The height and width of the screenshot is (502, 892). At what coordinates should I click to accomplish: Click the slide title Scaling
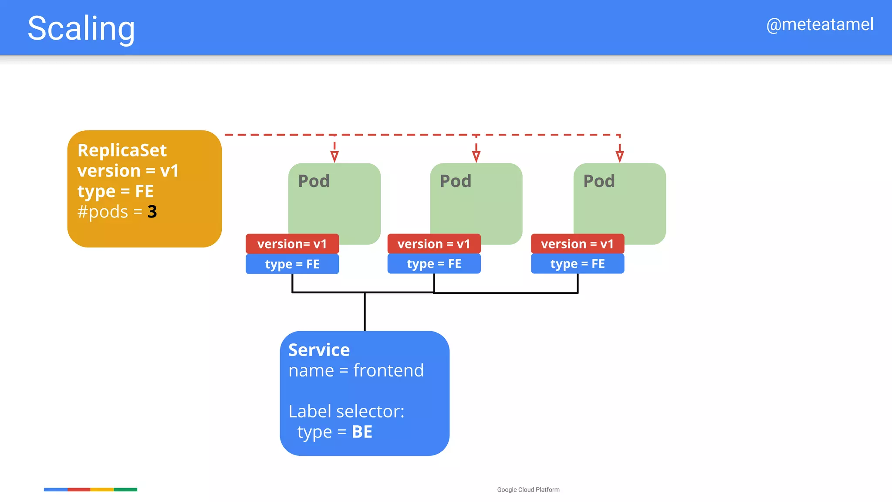click(81, 29)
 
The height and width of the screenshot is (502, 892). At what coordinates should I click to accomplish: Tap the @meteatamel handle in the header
click(819, 24)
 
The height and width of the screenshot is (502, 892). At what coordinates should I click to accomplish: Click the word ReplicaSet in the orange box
click(122, 150)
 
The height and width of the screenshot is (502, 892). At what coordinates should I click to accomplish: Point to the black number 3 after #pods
click(152, 212)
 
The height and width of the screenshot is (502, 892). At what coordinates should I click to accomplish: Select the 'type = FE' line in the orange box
click(115, 191)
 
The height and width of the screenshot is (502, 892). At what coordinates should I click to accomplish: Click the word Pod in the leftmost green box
click(314, 181)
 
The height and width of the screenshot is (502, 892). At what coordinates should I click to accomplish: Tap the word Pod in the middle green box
click(455, 181)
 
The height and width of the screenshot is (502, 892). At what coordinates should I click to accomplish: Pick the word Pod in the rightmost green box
click(599, 181)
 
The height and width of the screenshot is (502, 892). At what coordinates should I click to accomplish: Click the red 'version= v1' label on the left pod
click(292, 244)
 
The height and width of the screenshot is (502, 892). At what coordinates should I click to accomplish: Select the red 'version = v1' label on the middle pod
click(434, 244)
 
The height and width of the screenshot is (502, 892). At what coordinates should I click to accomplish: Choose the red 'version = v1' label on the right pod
click(577, 244)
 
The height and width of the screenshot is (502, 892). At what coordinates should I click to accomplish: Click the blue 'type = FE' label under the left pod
click(292, 264)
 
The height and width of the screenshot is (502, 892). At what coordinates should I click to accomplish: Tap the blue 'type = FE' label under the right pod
click(577, 264)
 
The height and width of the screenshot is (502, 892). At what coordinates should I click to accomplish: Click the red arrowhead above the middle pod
click(476, 156)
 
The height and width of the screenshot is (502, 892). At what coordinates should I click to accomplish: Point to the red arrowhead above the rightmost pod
click(619, 156)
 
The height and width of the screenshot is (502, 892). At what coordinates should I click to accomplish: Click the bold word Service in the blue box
click(319, 350)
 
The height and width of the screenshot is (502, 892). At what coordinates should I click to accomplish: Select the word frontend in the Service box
click(388, 370)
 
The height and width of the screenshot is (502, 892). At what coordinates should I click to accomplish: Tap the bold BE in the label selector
click(362, 432)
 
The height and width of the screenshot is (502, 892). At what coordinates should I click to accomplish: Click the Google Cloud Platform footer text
click(528, 490)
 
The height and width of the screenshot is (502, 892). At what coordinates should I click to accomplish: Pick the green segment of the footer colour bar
click(125, 489)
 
